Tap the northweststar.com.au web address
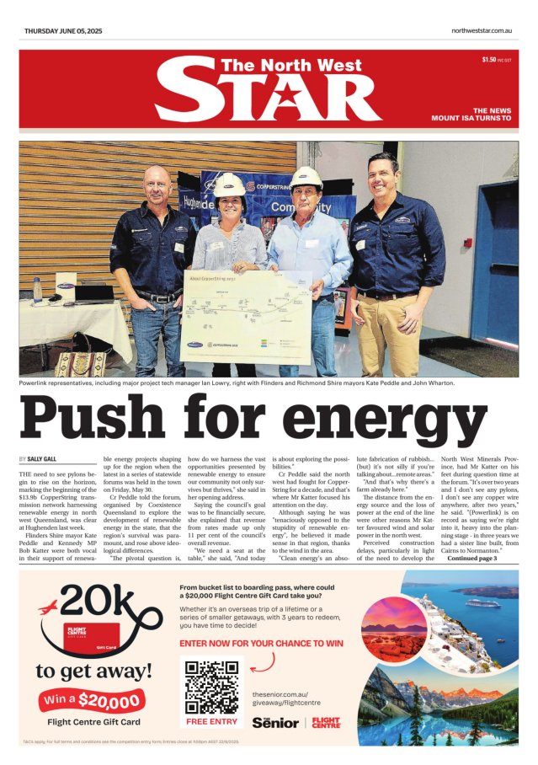click(482, 31)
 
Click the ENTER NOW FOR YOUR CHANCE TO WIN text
click(262, 643)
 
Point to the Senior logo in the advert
click(274, 722)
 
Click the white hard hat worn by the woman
click(229, 184)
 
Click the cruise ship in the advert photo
click(482, 603)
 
